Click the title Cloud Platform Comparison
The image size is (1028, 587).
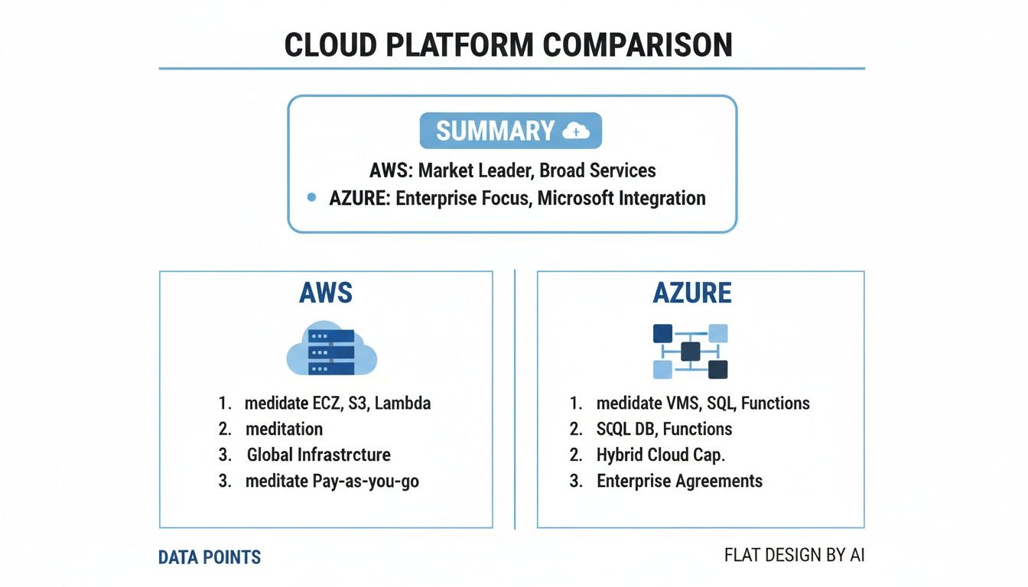[x=509, y=45]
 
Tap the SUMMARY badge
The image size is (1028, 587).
[x=510, y=131]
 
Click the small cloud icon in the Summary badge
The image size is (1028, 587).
[x=575, y=131]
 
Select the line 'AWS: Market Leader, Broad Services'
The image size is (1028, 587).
[x=513, y=170]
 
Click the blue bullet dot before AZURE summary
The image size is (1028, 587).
[x=311, y=198]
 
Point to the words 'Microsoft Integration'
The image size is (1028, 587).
[x=621, y=198]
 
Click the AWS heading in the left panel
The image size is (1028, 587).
[x=326, y=293]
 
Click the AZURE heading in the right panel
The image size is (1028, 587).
[x=692, y=293]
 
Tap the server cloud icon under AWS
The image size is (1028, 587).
[x=331, y=349]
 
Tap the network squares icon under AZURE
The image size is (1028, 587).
[x=690, y=351]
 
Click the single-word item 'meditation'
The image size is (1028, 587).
[x=284, y=429]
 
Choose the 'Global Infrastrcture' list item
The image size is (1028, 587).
[x=318, y=455]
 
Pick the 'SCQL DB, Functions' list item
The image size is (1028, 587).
[x=664, y=429]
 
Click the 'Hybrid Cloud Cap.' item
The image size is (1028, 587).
[x=660, y=455]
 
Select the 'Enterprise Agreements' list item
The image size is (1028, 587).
[x=679, y=482]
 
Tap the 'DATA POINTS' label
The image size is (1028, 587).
[x=210, y=557]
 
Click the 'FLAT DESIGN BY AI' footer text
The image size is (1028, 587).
[x=794, y=555]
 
